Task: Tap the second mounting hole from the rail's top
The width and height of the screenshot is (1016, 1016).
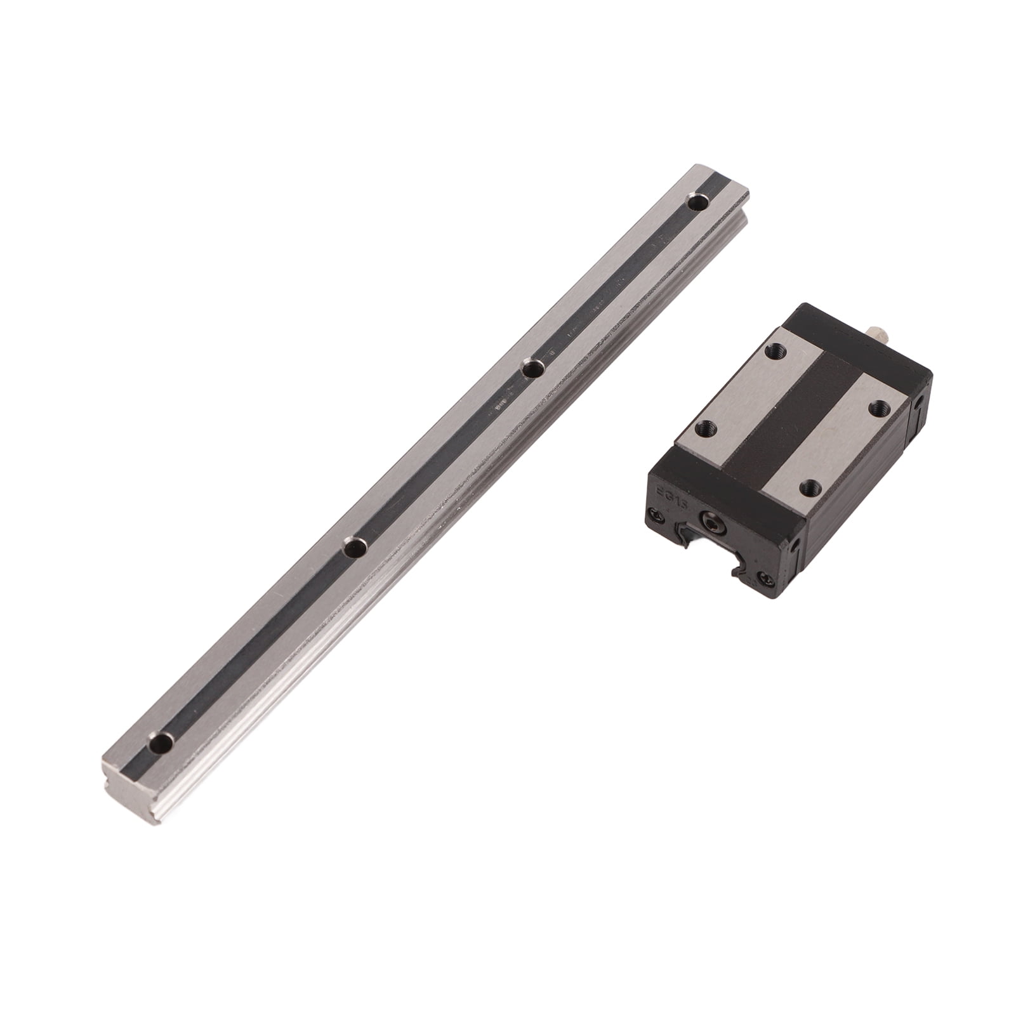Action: point(532,368)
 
